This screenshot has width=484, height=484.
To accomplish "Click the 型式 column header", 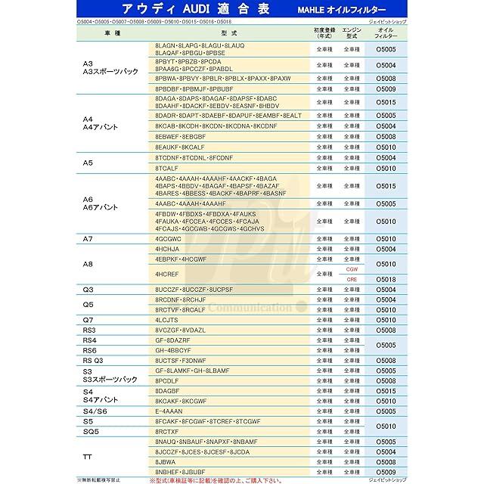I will (230, 34).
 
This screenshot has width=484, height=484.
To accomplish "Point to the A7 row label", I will (88, 238).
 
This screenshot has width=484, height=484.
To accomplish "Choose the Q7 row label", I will (88, 320).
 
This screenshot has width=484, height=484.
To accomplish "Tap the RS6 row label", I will (89, 351).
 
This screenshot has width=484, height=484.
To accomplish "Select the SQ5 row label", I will (91, 432).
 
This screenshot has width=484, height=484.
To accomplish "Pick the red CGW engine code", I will (352, 269).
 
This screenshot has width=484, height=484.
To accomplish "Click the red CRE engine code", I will (352, 279).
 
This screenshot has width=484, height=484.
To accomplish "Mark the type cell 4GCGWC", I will (168, 238).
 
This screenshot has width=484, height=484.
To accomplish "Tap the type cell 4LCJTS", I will (166, 320).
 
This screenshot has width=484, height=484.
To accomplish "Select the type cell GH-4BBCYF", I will (173, 351).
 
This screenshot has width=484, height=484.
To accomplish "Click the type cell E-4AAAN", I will (169, 411).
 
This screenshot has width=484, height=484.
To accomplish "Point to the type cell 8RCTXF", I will (167, 432).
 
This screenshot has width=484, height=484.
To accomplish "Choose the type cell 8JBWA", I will (165, 461).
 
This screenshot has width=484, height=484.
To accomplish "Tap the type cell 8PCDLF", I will (167, 381).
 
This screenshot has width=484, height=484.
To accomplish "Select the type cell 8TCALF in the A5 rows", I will (166, 168).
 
